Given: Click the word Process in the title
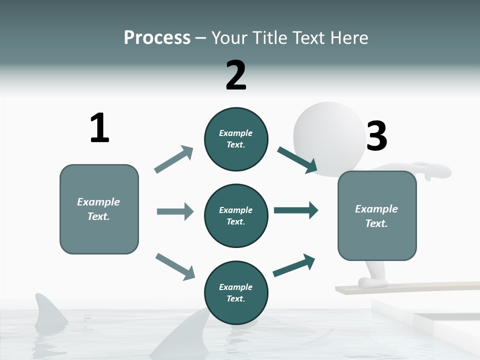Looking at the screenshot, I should pyautogui.click(x=157, y=38).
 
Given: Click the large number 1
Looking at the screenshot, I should pyautogui.click(x=99, y=128).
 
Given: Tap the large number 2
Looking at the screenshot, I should pyautogui.click(x=236, y=75).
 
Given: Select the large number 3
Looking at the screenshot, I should pyautogui.click(x=376, y=136).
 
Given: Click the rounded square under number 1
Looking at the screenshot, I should pyautogui.click(x=99, y=209).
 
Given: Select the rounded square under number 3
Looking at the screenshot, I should pyautogui.click(x=377, y=216).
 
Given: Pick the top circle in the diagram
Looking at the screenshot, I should pyautogui.click(x=236, y=139).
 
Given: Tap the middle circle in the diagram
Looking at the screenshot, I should pyautogui.click(x=236, y=216).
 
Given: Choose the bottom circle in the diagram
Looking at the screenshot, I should pyautogui.click(x=236, y=293).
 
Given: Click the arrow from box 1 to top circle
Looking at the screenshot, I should pyautogui.click(x=173, y=159).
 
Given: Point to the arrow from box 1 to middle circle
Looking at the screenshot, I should pyautogui.click(x=175, y=211).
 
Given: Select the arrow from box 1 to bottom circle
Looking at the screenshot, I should pyautogui.click(x=175, y=266).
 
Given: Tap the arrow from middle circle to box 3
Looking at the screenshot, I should pyautogui.click(x=296, y=210).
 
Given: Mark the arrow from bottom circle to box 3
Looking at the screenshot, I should pyautogui.click(x=294, y=265).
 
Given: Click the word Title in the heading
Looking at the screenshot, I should pyautogui.click(x=271, y=38).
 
